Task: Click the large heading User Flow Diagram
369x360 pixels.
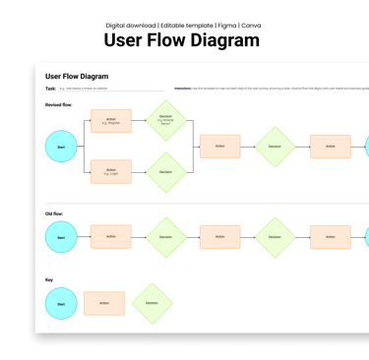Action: [x=184, y=40]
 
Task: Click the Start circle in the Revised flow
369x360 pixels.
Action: [x=61, y=147]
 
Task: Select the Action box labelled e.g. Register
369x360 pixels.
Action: [x=110, y=122]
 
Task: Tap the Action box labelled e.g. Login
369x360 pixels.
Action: [x=110, y=171]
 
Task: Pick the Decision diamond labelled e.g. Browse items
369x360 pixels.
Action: [x=165, y=121]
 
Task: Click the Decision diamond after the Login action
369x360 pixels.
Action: [x=165, y=172]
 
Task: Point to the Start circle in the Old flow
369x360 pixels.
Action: [x=61, y=237]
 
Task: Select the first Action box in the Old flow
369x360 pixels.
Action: [x=110, y=236]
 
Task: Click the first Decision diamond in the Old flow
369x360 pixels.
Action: [x=165, y=237]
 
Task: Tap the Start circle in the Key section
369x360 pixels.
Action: [x=61, y=304]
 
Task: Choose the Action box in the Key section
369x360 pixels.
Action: [x=104, y=303]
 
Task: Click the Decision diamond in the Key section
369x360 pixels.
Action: [x=152, y=303]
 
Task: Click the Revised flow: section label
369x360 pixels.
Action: [x=59, y=104]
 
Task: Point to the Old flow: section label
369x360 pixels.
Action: [x=54, y=212]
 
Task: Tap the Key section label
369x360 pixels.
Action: [x=49, y=279]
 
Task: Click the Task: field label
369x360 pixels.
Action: [x=50, y=89]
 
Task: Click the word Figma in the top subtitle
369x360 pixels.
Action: [x=225, y=25]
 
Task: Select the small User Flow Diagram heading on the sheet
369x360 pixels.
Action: [x=77, y=76]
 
